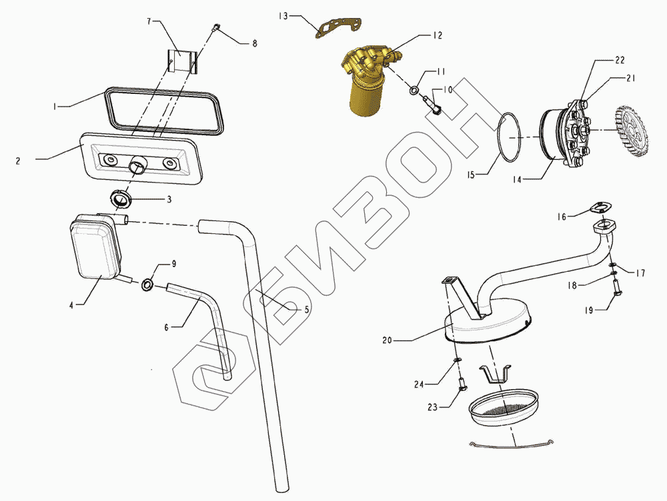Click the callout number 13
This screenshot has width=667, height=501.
(283, 14)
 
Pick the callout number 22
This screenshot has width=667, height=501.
(620, 60)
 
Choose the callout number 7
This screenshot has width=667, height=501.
(150, 21)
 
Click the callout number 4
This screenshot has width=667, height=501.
(70, 305)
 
